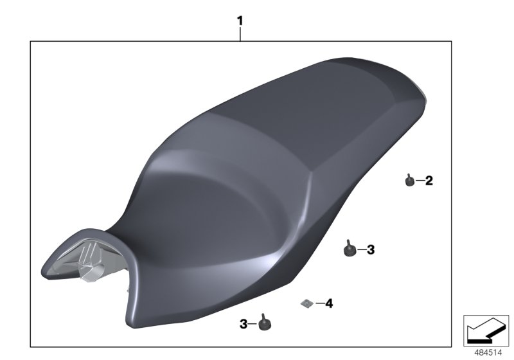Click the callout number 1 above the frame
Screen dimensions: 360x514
pyautogui.click(x=240, y=21)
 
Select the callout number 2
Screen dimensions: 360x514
pyautogui.click(x=429, y=181)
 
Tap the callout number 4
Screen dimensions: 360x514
pyautogui.click(x=329, y=302)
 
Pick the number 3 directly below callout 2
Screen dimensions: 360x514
pyautogui.click(x=370, y=249)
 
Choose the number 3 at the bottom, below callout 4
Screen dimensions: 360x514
pyautogui.click(x=244, y=325)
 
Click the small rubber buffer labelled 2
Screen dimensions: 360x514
pyautogui.click(x=409, y=182)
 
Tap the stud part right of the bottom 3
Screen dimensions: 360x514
pyautogui.click(x=263, y=324)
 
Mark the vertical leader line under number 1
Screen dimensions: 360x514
pyautogui.click(x=240, y=34)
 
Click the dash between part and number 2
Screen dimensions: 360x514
pyautogui.click(x=420, y=182)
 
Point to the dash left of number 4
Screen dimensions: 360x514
pyautogui.click(x=319, y=302)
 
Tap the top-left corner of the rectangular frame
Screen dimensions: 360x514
pyautogui.click(x=31, y=42)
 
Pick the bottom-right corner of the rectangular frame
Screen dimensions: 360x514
pyautogui.click(x=452, y=346)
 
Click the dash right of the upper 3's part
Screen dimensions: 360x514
pyautogui.click(x=361, y=249)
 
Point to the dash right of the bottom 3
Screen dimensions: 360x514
pyautogui.click(x=253, y=325)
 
